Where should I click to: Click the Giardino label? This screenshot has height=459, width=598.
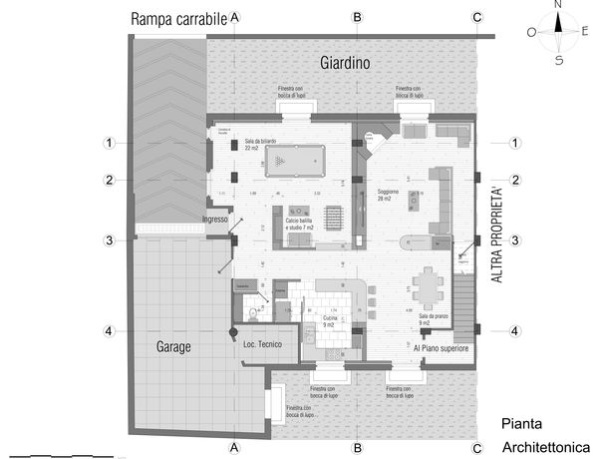click(x=345, y=63)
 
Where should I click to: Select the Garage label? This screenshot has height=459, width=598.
click(x=172, y=347)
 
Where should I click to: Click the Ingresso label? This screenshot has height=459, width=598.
click(x=215, y=220)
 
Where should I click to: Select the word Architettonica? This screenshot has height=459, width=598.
click(x=546, y=447)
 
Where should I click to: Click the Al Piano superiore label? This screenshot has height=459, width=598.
click(x=442, y=348)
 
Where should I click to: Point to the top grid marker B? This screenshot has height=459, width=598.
click(x=357, y=17)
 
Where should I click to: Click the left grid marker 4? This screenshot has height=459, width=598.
click(x=111, y=331)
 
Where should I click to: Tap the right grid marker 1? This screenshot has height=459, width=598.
click(x=514, y=143)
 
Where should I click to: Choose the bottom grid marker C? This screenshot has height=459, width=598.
click(x=477, y=447)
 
